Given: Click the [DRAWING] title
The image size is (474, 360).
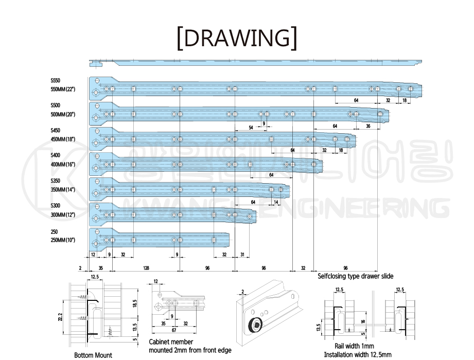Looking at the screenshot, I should pyautogui.click(x=236, y=38).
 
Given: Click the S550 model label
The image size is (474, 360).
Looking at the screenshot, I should pyautogui.click(x=56, y=81).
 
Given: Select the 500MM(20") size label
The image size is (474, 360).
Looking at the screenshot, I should pyautogui.click(x=63, y=114).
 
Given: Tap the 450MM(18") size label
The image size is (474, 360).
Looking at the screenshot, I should pyautogui.click(x=63, y=139).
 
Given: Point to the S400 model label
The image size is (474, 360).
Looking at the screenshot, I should pyautogui.click(x=56, y=155).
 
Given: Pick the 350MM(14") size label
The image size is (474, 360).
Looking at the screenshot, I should pyautogui.click(x=63, y=189).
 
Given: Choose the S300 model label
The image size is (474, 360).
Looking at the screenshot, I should pyautogui.click(x=56, y=206).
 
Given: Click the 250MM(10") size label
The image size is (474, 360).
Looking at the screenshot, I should pyautogui.click(x=63, y=240).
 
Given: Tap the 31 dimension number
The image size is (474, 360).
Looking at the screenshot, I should pyautogui.click(x=242, y=255).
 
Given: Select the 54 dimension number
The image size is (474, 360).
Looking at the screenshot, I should pyautogui.click(x=251, y=127).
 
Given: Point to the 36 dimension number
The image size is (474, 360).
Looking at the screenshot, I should pyautogui.click(x=368, y=126).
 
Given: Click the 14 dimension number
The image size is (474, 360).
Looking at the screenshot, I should pyautogui.click(x=276, y=202).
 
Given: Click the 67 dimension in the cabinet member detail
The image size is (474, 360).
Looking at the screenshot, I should pyautogui.click(x=174, y=330).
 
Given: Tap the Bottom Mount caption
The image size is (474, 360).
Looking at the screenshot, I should pyautogui.click(x=93, y=355).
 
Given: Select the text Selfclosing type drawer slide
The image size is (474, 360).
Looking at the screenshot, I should pyautogui.click(x=355, y=276).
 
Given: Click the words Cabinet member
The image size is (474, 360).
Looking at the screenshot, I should pyautogui.click(x=171, y=341).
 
